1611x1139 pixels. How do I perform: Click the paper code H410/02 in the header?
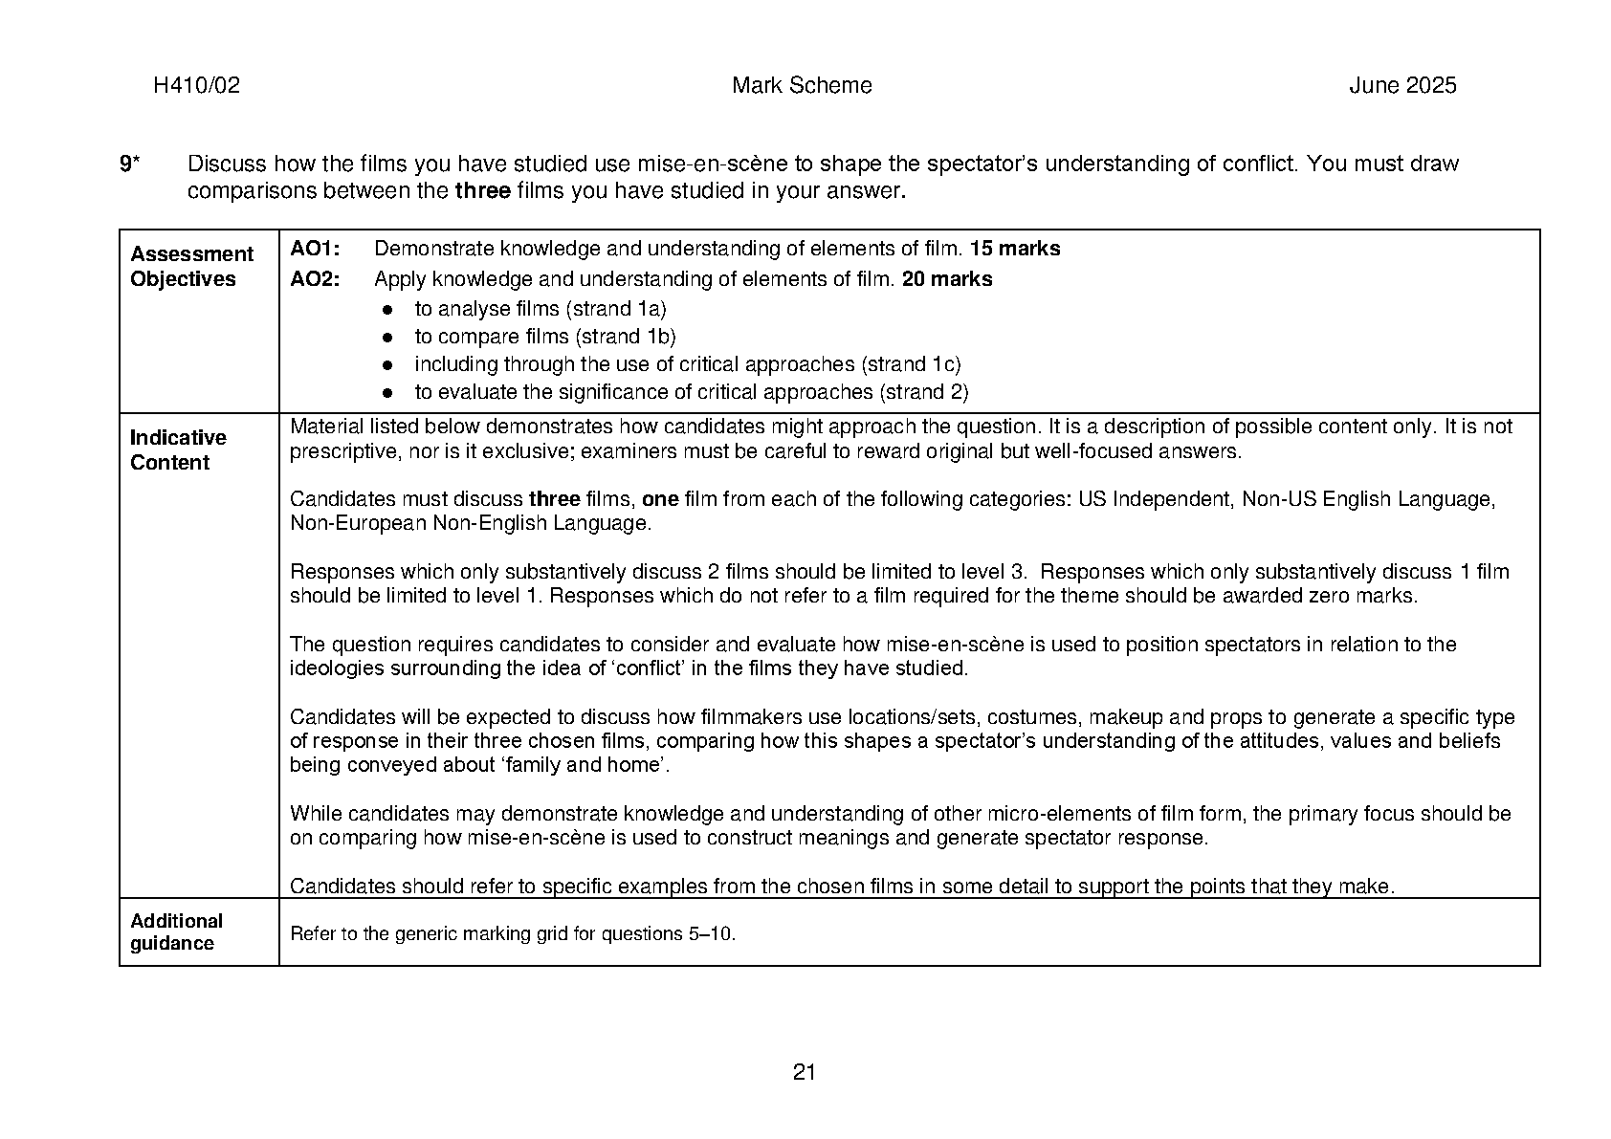click(196, 86)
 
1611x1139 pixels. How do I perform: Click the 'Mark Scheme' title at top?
click(802, 86)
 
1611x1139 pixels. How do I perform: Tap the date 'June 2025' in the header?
click(1402, 86)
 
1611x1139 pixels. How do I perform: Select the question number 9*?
click(129, 164)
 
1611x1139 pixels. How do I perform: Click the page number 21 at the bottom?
click(805, 1072)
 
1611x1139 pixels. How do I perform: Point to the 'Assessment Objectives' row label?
click(191, 267)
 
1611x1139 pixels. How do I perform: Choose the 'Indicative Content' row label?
click(178, 450)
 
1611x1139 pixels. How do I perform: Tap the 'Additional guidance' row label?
click(176, 932)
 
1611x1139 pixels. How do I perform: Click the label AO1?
click(315, 250)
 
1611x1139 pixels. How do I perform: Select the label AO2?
click(315, 280)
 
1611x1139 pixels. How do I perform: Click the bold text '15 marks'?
click(1015, 250)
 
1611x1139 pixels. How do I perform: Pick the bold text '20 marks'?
click(947, 280)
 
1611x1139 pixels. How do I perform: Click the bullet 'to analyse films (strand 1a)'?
click(540, 309)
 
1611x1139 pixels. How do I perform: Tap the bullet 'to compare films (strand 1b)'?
click(544, 337)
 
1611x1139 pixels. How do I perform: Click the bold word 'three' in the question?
click(482, 191)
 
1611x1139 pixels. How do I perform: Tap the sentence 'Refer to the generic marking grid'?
click(513, 934)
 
